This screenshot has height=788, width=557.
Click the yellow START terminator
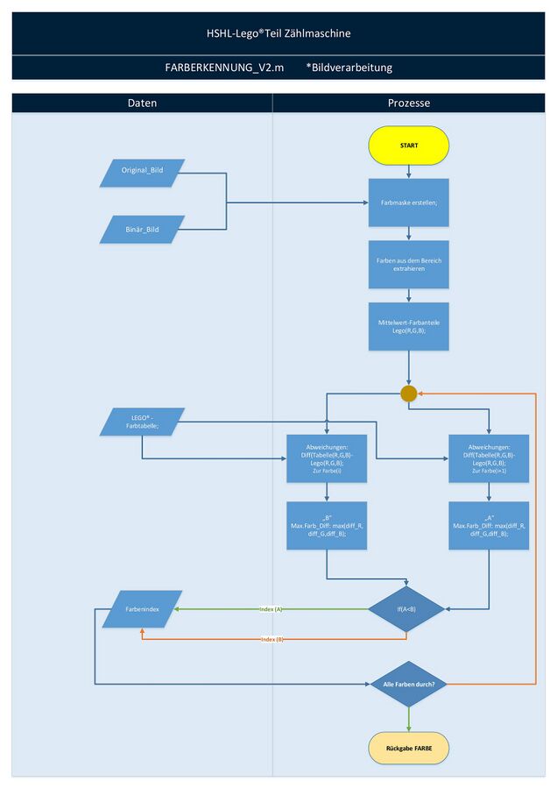(x=408, y=146)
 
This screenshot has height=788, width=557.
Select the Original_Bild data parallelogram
(x=142, y=173)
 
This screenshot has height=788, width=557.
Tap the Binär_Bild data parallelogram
(x=142, y=229)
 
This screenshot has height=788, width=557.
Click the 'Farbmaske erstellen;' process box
(x=408, y=202)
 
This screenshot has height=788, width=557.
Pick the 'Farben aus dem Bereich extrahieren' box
(x=408, y=264)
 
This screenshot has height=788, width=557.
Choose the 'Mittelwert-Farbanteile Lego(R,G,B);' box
(x=408, y=326)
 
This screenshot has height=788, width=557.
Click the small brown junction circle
(x=408, y=394)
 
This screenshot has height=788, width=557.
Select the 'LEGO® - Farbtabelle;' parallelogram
(x=142, y=422)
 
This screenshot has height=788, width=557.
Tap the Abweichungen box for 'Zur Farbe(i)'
(x=327, y=458)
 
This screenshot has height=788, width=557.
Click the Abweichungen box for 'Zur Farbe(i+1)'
(x=489, y=458)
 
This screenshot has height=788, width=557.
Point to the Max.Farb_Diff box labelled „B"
(x=327, y=526)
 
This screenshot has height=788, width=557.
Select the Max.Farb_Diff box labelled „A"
(x=489, y=526)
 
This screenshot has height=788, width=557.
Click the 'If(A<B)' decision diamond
(x=406, y=608)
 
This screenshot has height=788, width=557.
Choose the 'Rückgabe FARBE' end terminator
(x=408, y=749)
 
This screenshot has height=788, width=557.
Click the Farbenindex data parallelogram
(x=142, y=608)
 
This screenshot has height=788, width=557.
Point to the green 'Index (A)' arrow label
(x=271, y=608)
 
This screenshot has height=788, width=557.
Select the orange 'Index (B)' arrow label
(x=272, y=639)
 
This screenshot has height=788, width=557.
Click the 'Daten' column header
(x=142, y=103)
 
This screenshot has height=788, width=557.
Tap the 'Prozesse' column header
(x=408, y=103)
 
